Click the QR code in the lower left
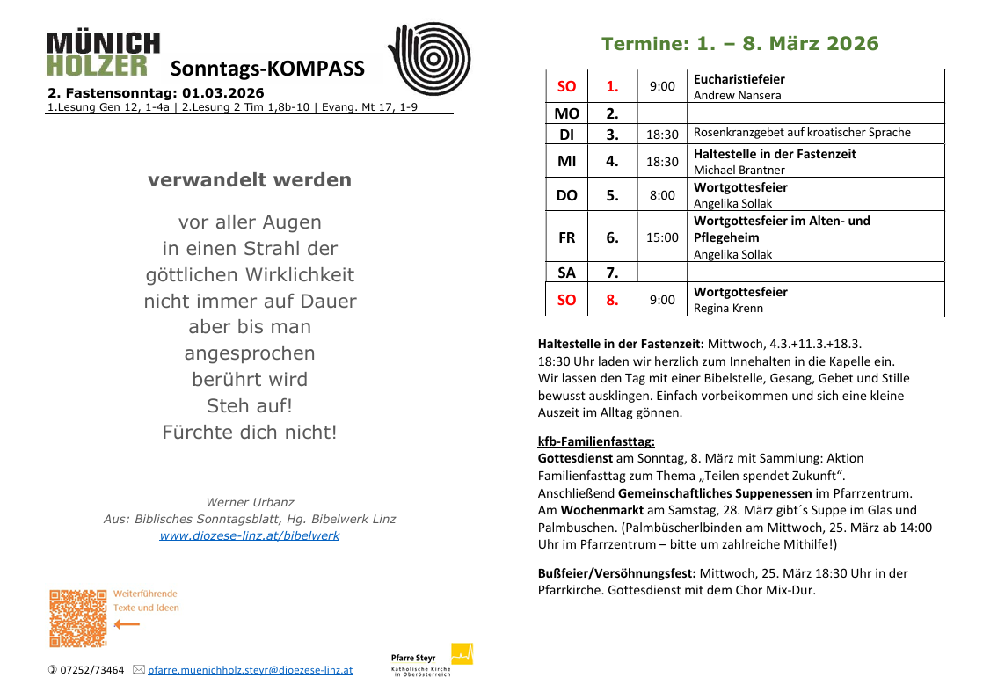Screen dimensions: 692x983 (77, 617)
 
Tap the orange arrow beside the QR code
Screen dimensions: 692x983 (127, 624)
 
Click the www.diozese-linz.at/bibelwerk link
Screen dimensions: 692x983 (249, 535)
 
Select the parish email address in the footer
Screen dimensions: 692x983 (250, 670)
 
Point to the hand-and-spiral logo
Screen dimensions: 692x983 (429, 58)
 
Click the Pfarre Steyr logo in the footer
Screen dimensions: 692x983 (432, 659)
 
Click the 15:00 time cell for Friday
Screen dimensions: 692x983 (662, 237)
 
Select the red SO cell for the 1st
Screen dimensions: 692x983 (567, 86)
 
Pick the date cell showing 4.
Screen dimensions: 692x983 (612, 161)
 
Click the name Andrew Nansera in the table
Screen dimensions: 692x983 (737, 95)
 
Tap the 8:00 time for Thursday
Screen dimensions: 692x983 (662, 195)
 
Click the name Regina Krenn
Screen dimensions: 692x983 (728, 308)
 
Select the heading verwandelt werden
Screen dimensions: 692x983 (250, 180)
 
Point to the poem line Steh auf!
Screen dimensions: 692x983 (249, 406)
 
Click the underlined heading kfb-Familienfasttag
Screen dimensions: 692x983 (596, 441)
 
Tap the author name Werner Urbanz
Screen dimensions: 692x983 (249, 502)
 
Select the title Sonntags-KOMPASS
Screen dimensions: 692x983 (267, 69)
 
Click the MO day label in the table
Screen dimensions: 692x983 (567, 113)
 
